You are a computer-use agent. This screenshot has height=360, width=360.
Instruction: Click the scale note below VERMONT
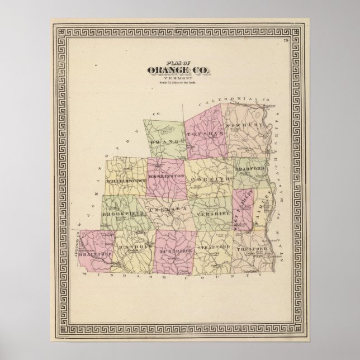click(179, 83)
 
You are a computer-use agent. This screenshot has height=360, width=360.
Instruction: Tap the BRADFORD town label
click(249, 169)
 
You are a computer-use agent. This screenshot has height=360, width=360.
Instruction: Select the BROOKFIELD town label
click(124, 214)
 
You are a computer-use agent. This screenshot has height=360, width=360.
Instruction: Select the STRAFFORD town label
click(214, 247)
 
